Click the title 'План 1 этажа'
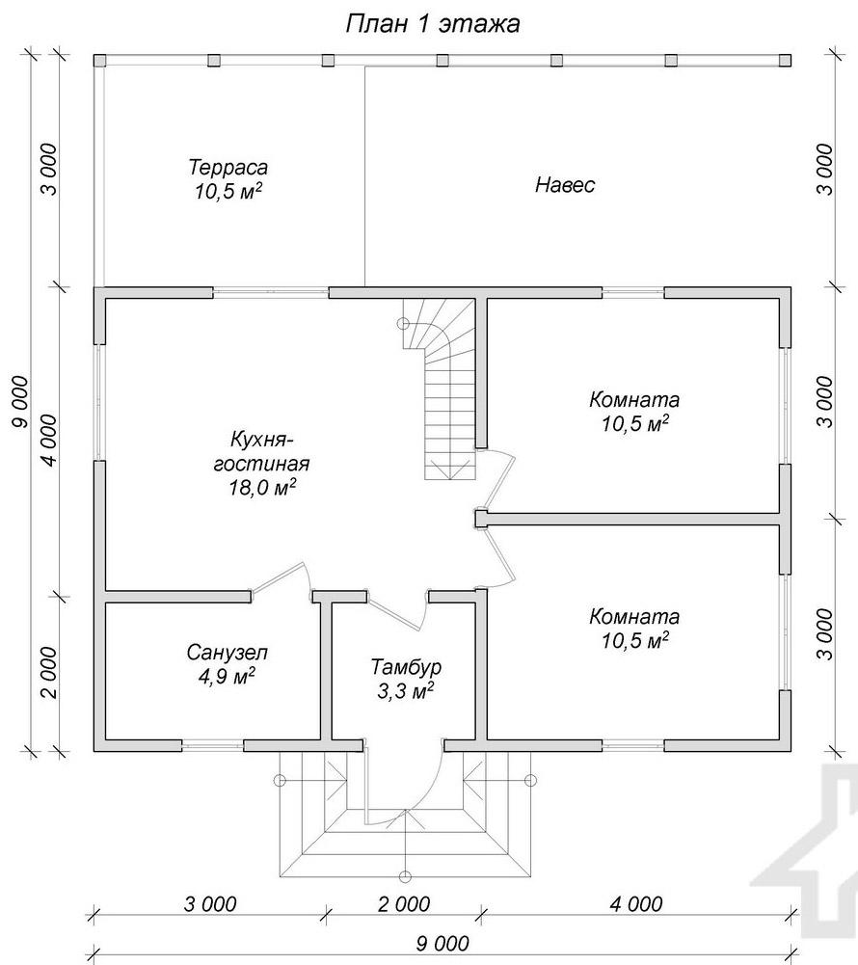click(x=433, y=24)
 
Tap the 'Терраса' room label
click(x=228, y=167)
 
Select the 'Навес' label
click(x=564, y=185)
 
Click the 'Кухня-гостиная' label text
click(x=261, y=451)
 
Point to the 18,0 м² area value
click(x=262, y=488)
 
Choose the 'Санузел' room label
click(x=228, y=652)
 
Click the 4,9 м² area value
click(x=227, y=677)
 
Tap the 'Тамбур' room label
click(x=406, y=667)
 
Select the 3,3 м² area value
click(x=405, y=691)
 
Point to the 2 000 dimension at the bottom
click(x=404, y=904)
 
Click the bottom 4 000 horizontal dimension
click(x=636, y=904)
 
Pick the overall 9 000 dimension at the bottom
click(x=442, y=944)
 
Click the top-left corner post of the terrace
click(x=99, y=61)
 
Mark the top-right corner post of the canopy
click(x=785, y=61)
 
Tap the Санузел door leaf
click(x=277, y=578)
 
